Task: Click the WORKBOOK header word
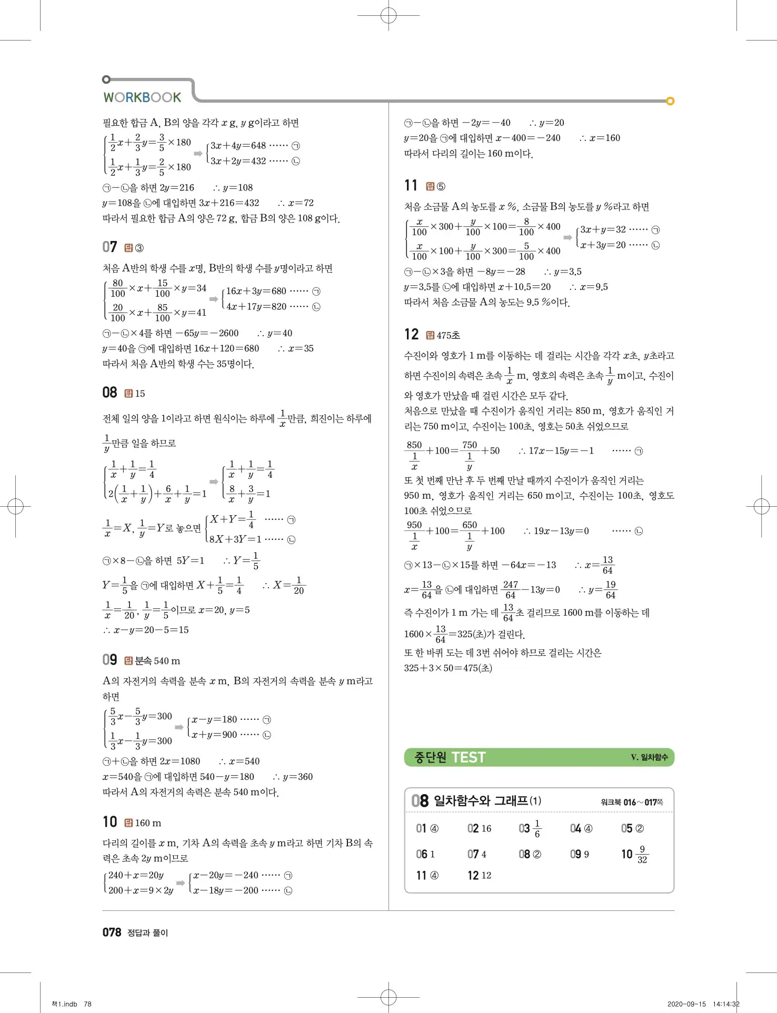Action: point(142,97)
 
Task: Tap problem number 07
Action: point(109,247)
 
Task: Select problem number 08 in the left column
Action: point(109,393)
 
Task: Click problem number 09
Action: point(109,660)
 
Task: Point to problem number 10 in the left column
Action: point(109,822)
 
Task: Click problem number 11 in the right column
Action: point(411,186)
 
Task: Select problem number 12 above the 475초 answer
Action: point(411,335)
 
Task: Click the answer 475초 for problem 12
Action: point(448,336)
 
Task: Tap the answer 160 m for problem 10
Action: point(148,823)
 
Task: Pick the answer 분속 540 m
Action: point(157,661)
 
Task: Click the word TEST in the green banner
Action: point(469,758)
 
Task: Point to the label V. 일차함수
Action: point(649,757)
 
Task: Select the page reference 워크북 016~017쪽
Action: point(632,803)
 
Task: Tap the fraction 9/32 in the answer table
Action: point(642,855)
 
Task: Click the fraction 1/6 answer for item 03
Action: point(537,829)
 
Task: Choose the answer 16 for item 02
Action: point(486,829)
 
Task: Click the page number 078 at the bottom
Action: point(112,932)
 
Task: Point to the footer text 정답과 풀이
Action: point(147,933)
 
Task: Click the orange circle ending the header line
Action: point(670,101)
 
